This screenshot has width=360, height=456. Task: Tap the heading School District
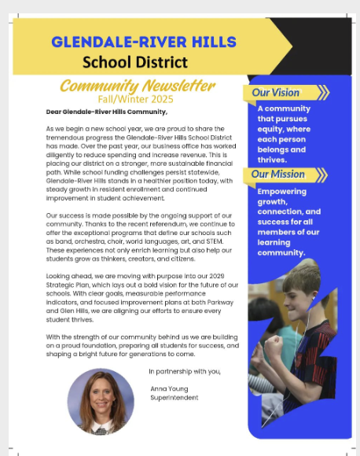pos(135,61)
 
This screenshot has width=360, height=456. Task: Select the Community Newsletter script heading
pos(137,85)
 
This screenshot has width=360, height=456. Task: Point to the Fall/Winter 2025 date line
pos(137,98)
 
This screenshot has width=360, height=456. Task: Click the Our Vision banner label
pos(275,93)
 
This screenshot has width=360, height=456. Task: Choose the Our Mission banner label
pos(277,174)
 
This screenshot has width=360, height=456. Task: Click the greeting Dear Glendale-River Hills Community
pos(106,112)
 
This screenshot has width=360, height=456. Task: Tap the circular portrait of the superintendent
pos(101,401)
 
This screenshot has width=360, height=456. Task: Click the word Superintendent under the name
pos(174,398)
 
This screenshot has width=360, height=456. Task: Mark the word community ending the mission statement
pos(281,252)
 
